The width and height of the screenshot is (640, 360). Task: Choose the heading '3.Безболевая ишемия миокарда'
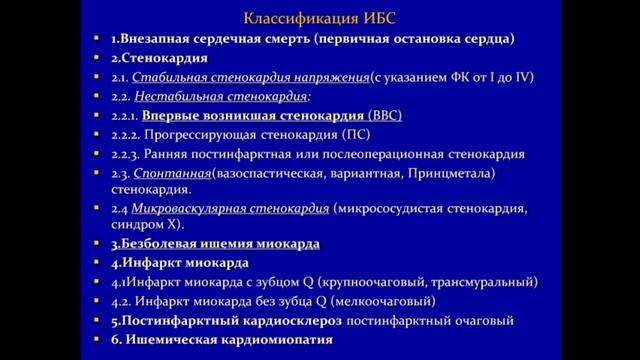(x=215, y=243)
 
